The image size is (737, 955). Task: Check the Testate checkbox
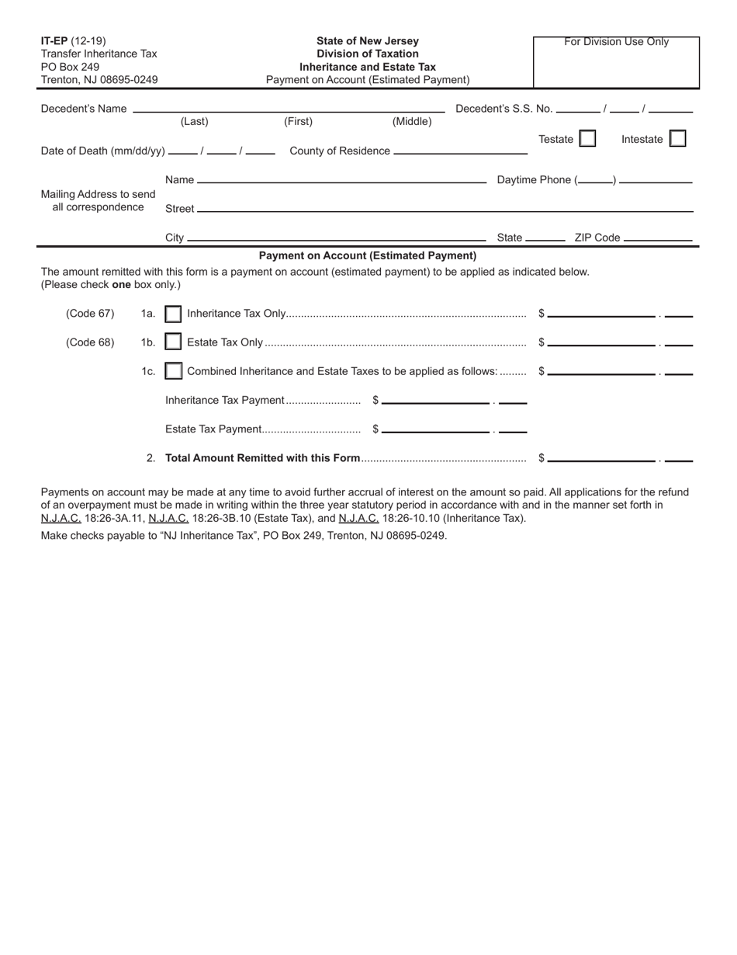588,139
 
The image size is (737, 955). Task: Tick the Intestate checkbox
677,139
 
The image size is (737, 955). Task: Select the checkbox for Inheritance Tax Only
174,314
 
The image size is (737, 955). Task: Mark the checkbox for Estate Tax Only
174,342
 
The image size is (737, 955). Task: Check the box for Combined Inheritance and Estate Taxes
174,371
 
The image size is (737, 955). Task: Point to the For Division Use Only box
616,62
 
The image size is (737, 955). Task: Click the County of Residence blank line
460,152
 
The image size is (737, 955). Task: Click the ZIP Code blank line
658,240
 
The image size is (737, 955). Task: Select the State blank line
545,240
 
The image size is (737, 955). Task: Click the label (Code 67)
90,314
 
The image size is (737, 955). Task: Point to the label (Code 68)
90,342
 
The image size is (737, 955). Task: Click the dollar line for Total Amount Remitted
601,460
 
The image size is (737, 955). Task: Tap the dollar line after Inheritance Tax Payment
436,403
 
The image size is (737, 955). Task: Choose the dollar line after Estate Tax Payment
436,432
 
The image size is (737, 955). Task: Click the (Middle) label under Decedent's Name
412,122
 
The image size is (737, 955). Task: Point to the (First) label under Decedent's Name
299,122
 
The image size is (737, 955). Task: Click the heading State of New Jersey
368,41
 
